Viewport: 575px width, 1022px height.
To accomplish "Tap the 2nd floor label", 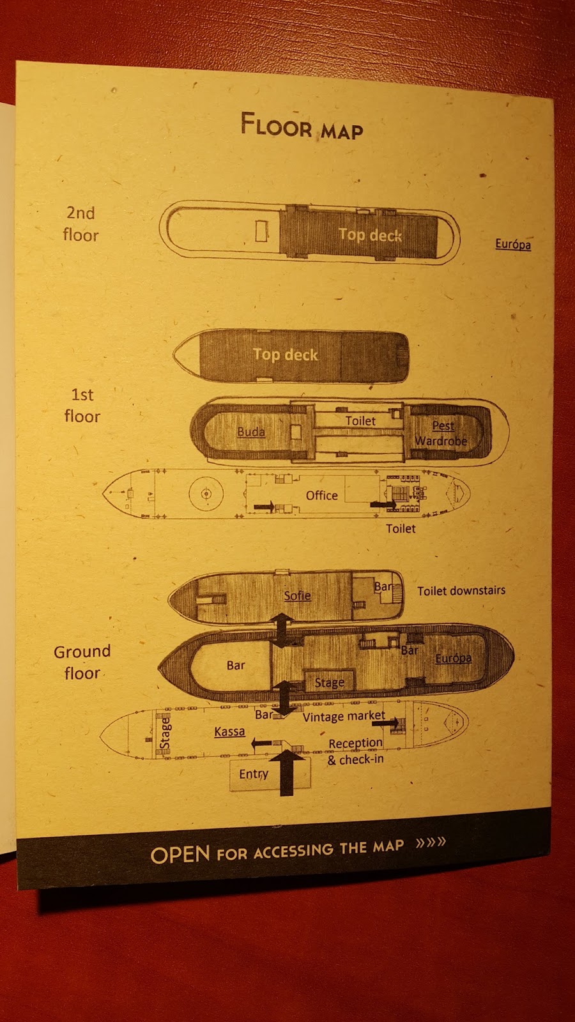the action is pos(81,224).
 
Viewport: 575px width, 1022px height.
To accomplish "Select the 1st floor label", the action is pos(82,405).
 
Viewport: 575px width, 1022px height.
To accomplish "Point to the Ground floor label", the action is pos(82,662).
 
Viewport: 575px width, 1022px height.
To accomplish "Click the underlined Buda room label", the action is pos(250,432).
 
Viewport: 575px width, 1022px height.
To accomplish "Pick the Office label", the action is pos(321,495).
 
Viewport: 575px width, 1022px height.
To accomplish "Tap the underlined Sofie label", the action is pos(297,595).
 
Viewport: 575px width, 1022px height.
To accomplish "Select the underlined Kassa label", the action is pos(229,731).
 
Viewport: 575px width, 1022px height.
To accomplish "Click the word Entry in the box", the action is pos(254,774).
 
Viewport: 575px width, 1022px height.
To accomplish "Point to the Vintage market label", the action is pos(344,716).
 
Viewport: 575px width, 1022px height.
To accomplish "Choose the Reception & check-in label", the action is pos(356,751).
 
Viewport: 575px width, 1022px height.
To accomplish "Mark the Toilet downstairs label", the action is pos(461,591).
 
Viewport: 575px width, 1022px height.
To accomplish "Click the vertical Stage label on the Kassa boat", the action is pos(165,733).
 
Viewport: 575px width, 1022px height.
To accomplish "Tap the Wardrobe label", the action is pos(441,441).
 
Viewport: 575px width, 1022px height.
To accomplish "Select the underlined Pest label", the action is pos(443,425).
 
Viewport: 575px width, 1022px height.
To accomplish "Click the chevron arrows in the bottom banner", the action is pos(431,843).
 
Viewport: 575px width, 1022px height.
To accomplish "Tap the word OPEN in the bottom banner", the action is pos(180,855).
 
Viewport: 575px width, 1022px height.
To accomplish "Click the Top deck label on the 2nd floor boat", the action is pos(370,235).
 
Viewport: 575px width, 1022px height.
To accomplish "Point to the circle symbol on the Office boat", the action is pos(206,494).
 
